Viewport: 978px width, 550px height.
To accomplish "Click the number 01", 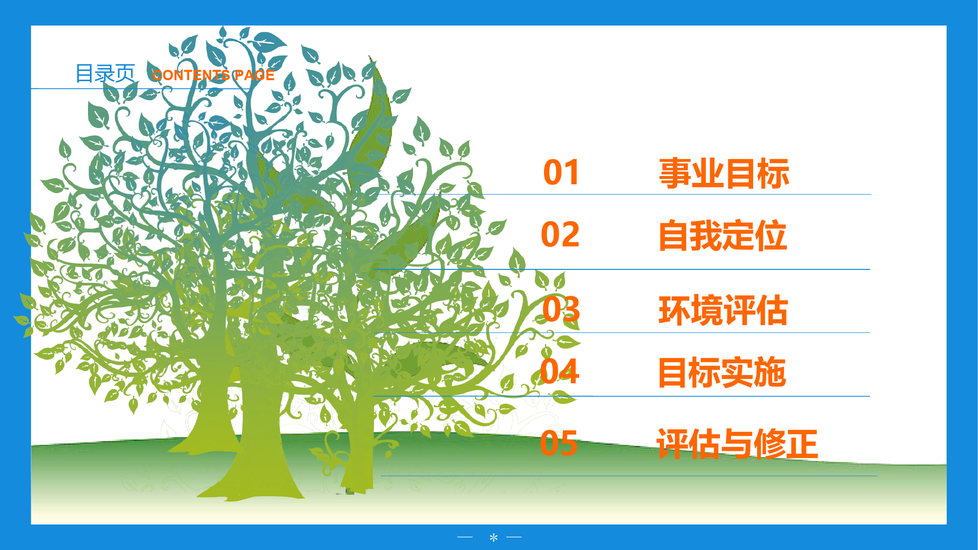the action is click(561, 173).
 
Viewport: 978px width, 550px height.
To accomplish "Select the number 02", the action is click(560, 235).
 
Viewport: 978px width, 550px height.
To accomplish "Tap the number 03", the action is click(561, 309).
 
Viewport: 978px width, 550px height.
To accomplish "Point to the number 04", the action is click(560, 371).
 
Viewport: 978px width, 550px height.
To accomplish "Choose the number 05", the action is click(559, 443).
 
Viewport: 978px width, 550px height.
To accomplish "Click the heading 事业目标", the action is click(724, 174).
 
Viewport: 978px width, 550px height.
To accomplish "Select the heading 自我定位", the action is click(722, 236).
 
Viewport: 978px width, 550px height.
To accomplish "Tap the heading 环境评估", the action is click(723, 310).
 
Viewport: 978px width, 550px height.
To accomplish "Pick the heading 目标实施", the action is click(722, 373).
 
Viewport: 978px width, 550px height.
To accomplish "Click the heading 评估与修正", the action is click(737, 444).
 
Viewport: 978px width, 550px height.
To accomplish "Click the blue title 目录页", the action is click(105, 74).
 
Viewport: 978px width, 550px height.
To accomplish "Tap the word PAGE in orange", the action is click(255, 75).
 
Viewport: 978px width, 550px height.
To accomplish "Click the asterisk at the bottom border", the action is click(494, 538).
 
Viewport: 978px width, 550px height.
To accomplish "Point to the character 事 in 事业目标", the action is click(675, 174).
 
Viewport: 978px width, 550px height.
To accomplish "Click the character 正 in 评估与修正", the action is click(803, 444).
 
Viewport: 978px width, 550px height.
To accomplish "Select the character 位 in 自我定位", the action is click(771, 236).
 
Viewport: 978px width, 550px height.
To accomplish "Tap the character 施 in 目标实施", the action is click(770, 373).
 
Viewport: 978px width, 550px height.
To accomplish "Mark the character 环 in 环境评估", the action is click(674, 310).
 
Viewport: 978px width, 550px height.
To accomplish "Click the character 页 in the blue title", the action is click(125, 74).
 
